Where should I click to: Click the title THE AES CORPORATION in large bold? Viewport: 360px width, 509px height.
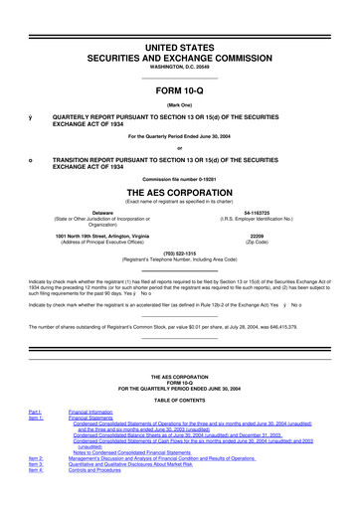pos(179,194)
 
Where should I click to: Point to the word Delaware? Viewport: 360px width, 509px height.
pos(102,213)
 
